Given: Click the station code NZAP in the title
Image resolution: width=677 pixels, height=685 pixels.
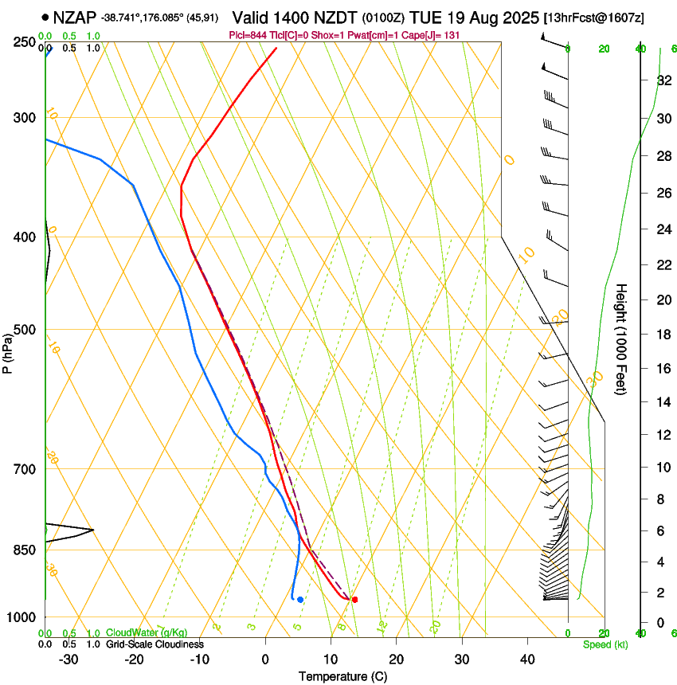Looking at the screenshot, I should tap(75, 17).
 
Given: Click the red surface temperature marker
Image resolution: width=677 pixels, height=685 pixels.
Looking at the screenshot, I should tap(354, 599).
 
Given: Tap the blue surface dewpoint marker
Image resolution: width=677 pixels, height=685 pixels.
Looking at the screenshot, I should tap(300, 599).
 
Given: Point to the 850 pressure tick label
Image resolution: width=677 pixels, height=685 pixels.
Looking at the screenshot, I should tap(24, 550).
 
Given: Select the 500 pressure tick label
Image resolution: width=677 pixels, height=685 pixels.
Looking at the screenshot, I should tap(24, 330).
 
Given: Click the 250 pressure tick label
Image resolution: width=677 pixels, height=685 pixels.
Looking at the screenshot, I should tap(24, 42).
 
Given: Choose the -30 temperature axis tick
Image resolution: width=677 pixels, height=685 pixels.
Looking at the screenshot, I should tap(68, 659).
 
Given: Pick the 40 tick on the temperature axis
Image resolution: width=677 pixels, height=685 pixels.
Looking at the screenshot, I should tap(527, 659).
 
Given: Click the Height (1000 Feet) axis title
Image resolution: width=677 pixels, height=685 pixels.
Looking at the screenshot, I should tap(622, 339).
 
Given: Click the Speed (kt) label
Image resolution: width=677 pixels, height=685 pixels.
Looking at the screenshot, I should tap(605, 644).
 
